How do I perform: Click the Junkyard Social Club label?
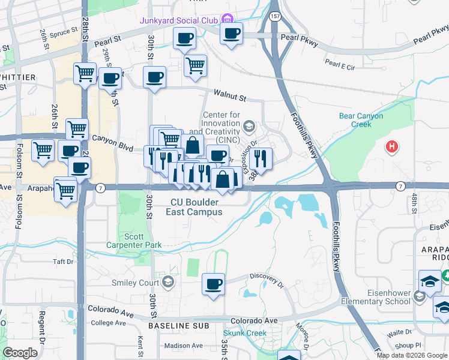coord(178,20)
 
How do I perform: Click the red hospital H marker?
coord(392,146)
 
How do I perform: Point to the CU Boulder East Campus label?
coord(196,207)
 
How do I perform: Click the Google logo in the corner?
coord(20,352)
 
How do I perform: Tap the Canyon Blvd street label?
coord(112,139)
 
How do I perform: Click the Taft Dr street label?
coord(62,262)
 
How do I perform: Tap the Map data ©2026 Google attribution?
coord(411,355)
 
